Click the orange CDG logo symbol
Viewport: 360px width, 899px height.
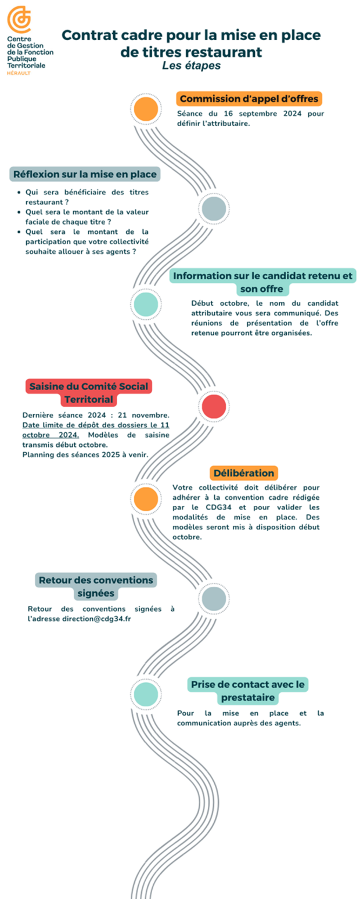point(19,19)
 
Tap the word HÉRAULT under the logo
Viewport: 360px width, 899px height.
point(19,73)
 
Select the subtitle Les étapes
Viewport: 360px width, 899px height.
point(192,66)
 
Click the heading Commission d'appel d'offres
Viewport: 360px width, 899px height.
point(249,99)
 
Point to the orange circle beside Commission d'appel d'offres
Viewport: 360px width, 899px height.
point(146,109)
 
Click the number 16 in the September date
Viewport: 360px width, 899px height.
point(228,114)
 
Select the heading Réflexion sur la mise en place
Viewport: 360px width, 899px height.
point(85,174)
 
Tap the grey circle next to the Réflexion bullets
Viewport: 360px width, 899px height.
point(214,208)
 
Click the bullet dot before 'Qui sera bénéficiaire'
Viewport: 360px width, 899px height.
point(19,192)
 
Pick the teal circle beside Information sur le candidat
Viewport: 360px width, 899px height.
point(146,304)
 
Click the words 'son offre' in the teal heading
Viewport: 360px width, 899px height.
point(262,289)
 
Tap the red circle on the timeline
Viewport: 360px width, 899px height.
point(214,406)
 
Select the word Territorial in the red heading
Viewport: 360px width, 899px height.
point(89,400)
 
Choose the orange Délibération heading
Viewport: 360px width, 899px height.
point(244,473)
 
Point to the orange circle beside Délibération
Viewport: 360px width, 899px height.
point(146,499)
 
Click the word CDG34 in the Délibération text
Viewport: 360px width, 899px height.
point(218,507)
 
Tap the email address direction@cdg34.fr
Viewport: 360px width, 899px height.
point(96,619)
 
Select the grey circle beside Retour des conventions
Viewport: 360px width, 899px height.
point(214,598)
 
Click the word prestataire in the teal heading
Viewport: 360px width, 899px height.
point(247,698)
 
